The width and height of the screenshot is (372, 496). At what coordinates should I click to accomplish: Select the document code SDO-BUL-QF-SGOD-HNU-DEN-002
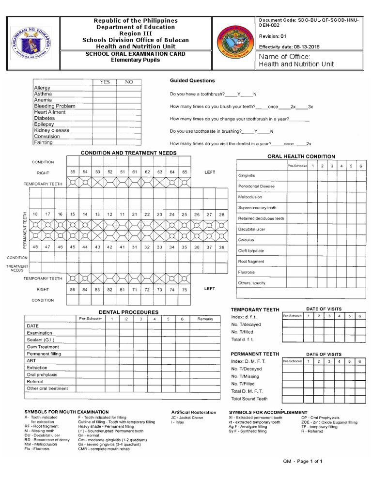tap(310, 23)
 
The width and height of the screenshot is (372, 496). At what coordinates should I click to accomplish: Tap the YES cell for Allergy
tap(105, 88)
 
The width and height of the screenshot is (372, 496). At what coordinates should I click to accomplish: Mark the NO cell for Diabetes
tap(129, 118)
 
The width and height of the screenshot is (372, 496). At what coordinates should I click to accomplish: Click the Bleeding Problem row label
tap(54, 106)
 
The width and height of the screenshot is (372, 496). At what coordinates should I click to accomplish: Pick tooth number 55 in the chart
tap(73, 172)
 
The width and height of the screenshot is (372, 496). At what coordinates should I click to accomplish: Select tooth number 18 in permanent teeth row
tap(35, 214)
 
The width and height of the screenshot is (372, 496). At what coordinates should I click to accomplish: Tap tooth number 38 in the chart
tap(221, 247)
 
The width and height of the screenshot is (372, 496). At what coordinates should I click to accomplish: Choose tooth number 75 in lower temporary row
tap(184, 289)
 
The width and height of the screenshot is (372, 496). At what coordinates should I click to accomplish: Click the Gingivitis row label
tap(247, 175)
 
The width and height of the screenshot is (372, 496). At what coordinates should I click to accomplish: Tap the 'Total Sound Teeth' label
tap(249, 399)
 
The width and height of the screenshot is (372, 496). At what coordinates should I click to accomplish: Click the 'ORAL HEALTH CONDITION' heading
tap(301, 156)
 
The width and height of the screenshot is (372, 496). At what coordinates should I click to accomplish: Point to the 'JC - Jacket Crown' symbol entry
tap(186, 417)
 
